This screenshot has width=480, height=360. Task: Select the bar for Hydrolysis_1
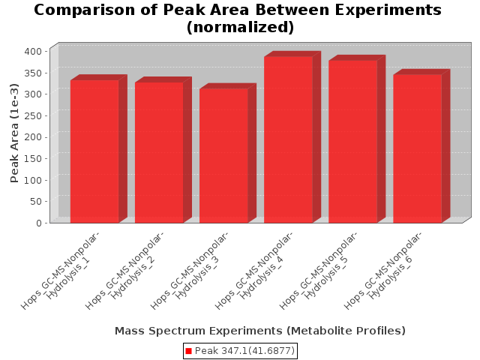(94, 151)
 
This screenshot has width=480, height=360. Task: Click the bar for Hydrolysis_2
(159, 152)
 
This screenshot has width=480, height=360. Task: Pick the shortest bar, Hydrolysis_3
(223, 155)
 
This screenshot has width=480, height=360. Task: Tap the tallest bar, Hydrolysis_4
(288, 139)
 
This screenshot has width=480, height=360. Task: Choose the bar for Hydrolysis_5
(353, 142)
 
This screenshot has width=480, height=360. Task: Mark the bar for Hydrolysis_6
(418, 148)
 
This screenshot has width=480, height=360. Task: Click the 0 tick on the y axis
(39, 223)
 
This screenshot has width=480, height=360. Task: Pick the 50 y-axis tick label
(36, 202)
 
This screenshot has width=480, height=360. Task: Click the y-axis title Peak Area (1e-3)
(14, 133)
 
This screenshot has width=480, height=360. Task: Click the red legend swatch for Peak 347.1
(188, 351)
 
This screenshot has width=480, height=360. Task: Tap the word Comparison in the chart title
(84, 10)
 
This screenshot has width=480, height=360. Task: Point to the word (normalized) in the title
(240, 27)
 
